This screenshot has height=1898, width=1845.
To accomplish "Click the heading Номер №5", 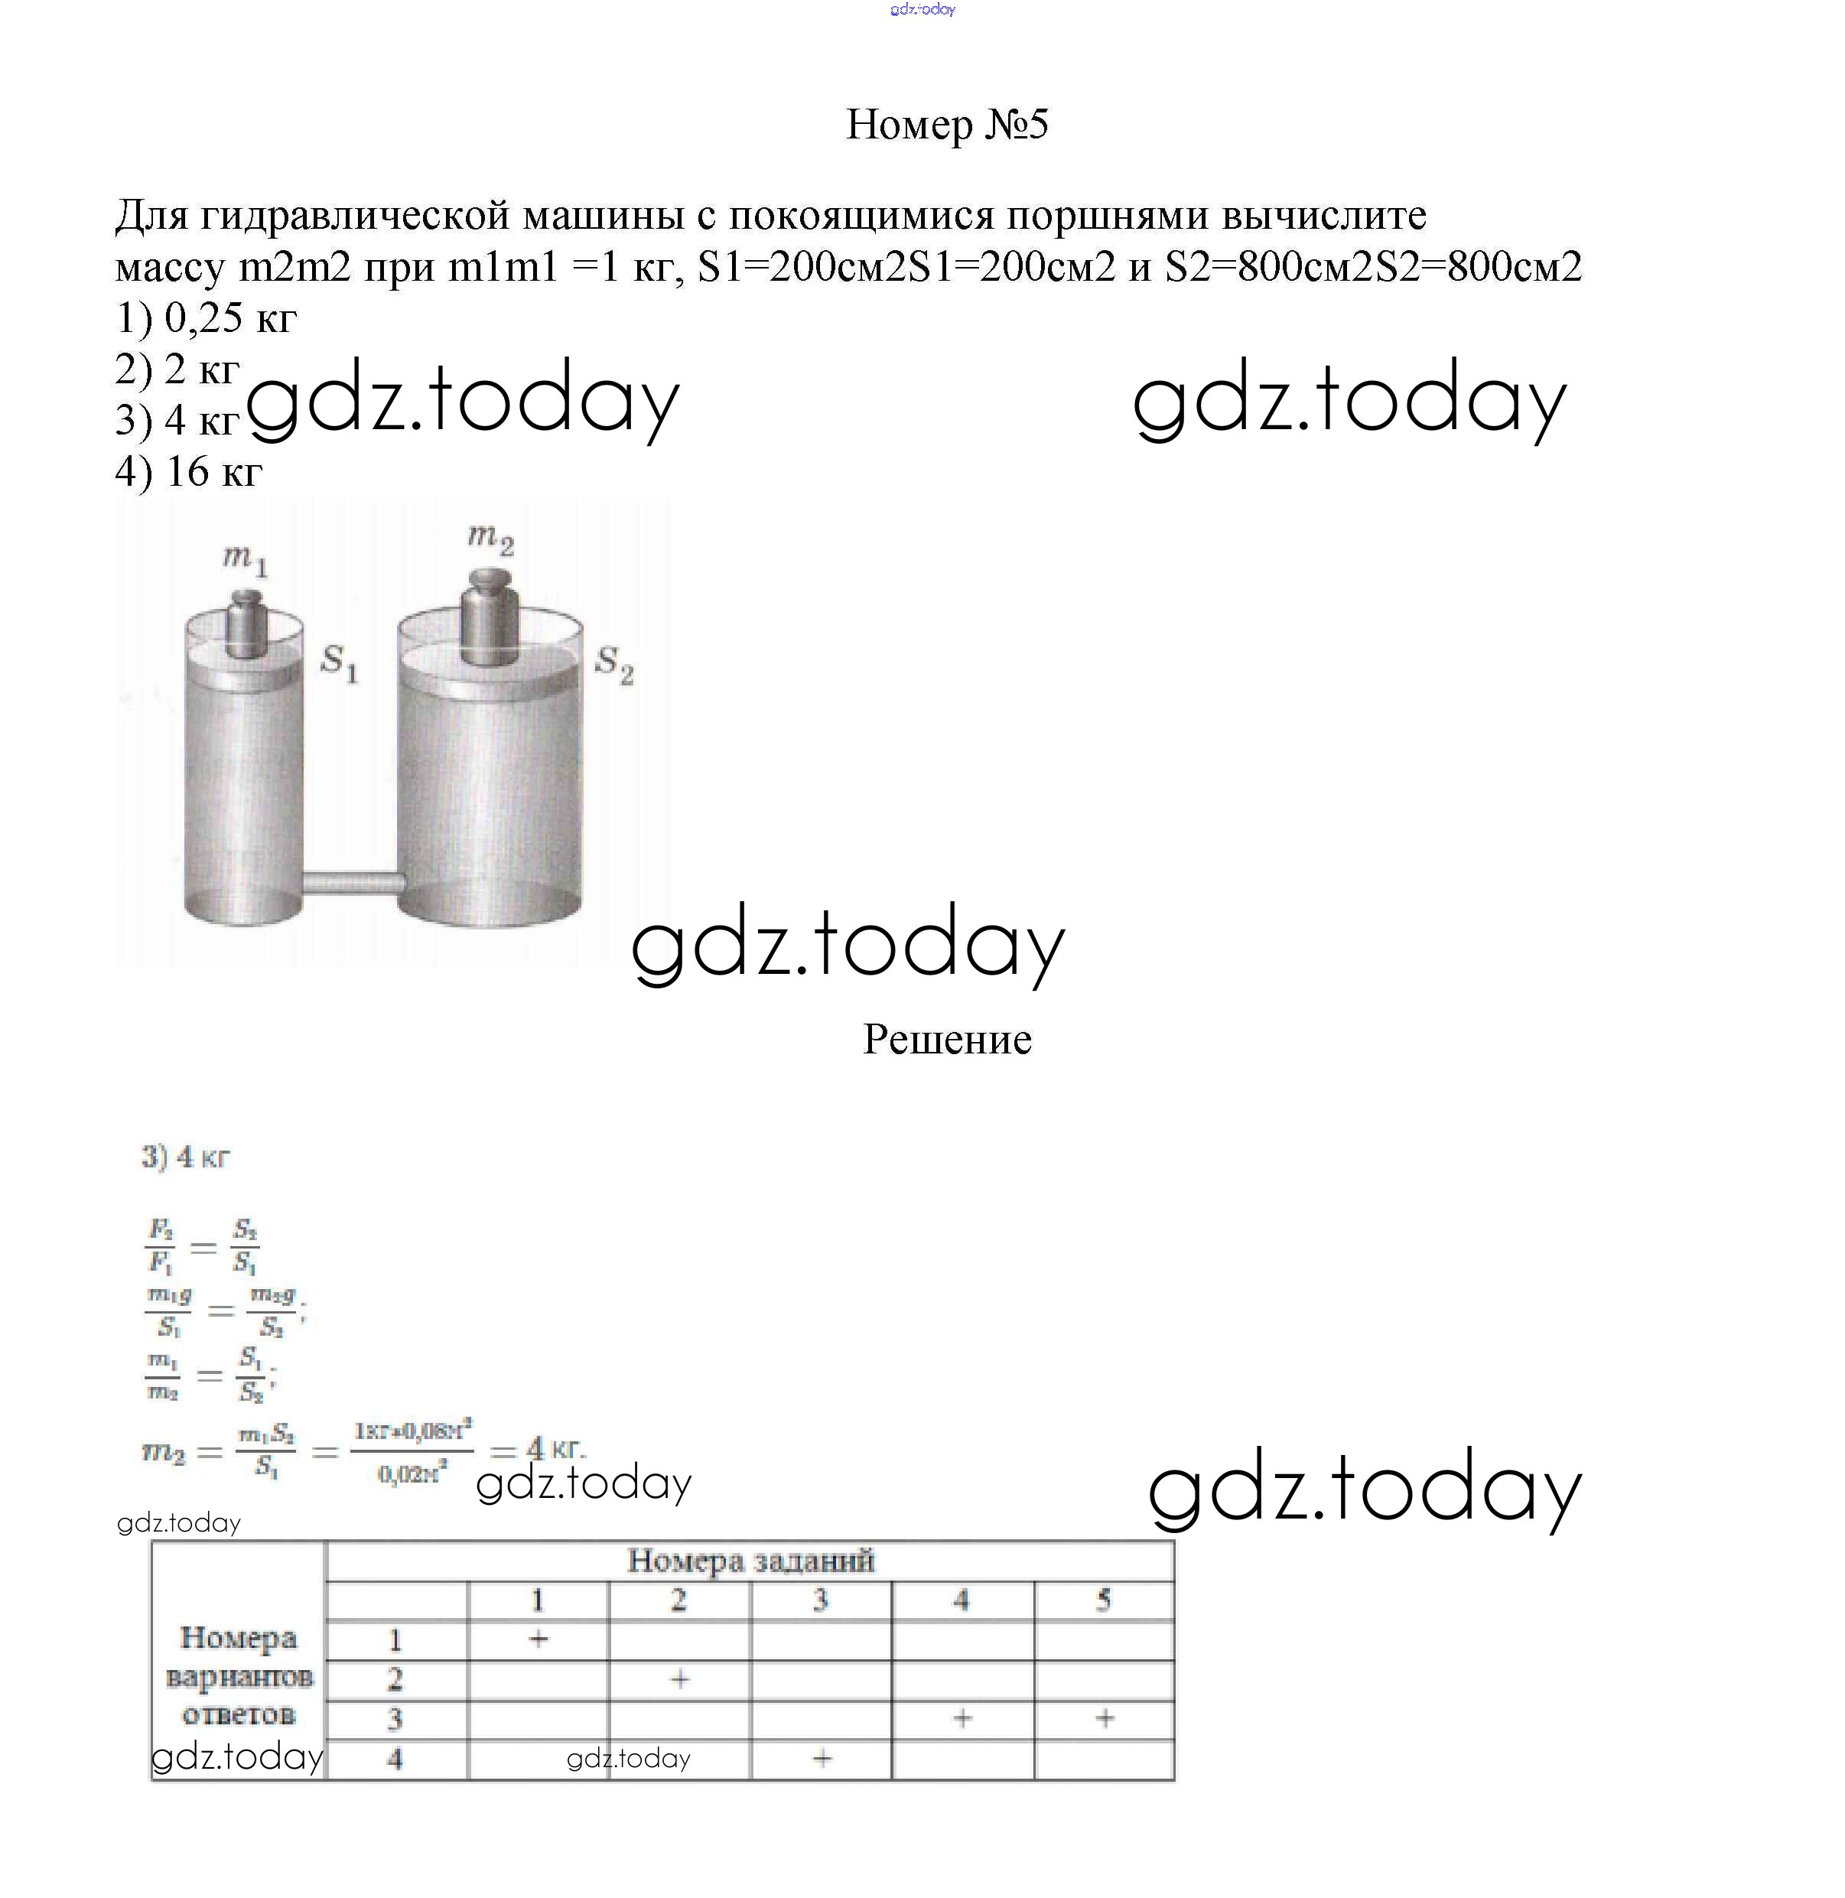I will pos(947,124).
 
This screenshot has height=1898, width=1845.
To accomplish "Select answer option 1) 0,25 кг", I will pos(206,318).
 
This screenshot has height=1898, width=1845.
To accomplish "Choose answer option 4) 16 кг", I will pos(189,471).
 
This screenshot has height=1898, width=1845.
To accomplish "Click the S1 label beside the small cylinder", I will pos(339,663).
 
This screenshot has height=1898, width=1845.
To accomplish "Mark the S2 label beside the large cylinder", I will pos(614,664).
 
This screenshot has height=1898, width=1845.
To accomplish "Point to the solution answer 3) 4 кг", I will pos(185,1157).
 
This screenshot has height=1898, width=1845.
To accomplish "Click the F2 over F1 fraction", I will pos(161,1245).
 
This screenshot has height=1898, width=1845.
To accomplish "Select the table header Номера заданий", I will pos(750,1561).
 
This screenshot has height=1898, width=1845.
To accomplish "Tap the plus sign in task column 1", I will pos(539,1639).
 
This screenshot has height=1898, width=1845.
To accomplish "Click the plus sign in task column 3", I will pos(822,1757).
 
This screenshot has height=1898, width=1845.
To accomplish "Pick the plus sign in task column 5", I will pos(1104,1719).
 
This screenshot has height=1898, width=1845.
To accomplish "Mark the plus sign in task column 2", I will pos(679,1679).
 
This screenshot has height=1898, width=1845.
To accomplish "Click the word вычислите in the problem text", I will pos(1323,215).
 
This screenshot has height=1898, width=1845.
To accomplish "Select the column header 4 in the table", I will pos(962,1600).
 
